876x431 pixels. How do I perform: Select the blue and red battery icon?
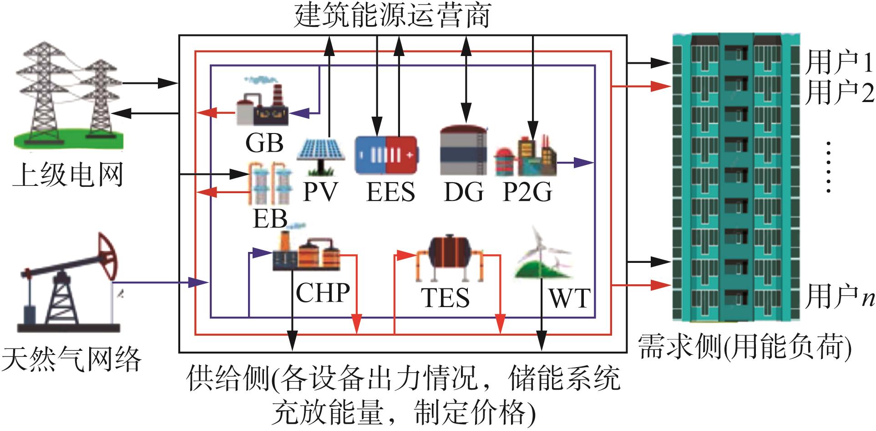pyautogui.click(x=386, y=155)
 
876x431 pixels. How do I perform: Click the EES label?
pyautogui.click(x=391, y=192)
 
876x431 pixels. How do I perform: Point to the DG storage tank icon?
pyautogui.click(x=463, y=150)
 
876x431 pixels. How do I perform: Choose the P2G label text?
pyautogui.click(x=527, y=192)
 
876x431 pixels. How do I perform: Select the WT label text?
pyautogui.click(x=569, y=299)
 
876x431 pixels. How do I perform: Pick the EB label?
pyautogui.click(x=270, y=219)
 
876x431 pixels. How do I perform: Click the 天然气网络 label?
pyautogui.click(x=71, y=360)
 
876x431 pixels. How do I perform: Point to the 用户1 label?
pyautogui.click(x=839, y=62)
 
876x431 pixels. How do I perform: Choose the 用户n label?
pyautogui.click(x=839, y=297)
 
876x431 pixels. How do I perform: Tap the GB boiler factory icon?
pyautogui.click(x=261, y=104)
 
